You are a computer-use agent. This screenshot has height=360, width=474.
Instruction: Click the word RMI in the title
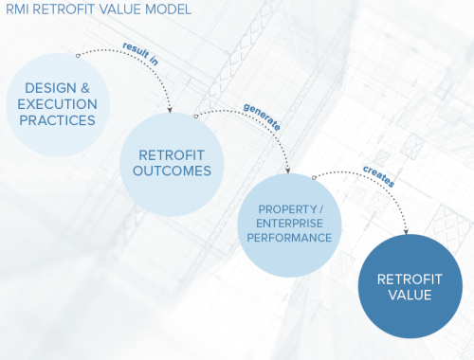pos(16,10)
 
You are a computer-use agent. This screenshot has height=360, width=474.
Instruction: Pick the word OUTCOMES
pos(172,171)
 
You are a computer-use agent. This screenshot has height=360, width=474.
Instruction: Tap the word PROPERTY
pos(281,207)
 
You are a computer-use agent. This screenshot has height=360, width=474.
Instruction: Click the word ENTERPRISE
pos(287,223)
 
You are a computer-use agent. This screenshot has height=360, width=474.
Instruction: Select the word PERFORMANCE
pos(287,238)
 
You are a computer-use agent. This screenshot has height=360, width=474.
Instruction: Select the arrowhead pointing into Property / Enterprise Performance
pos(288,171)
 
